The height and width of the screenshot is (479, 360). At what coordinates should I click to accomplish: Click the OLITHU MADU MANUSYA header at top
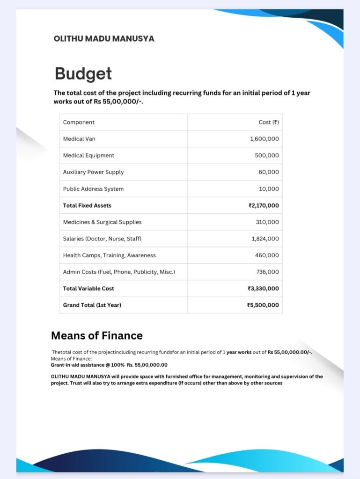(104, 38)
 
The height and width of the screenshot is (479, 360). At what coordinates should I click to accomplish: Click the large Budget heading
(83, 73)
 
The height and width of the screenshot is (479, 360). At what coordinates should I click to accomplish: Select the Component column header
(79, 122)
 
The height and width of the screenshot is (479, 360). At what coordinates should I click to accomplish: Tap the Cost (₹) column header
(268, 122)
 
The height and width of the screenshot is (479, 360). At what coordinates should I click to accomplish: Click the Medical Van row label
(79, 139)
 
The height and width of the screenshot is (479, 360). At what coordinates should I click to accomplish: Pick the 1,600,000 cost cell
(264, 139)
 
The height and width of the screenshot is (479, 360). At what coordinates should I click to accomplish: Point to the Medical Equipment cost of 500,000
(267, 155)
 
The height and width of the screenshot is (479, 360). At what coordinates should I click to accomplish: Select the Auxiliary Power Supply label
(93, 172)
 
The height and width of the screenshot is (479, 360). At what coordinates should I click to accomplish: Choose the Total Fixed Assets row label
(87, 205)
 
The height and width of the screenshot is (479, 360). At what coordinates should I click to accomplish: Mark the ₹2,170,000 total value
(264, 205)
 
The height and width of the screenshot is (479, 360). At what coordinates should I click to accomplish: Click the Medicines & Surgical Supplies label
(102, 222)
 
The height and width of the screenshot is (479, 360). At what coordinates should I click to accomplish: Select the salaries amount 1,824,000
(265, 239)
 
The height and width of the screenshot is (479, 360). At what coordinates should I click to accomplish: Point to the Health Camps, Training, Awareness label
(109, 255)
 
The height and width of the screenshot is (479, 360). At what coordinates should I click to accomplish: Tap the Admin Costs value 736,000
(267, 272)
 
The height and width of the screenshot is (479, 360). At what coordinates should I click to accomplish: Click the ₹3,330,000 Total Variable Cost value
(263, 289)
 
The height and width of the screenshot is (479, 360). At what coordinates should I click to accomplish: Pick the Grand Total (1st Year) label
(92, 305)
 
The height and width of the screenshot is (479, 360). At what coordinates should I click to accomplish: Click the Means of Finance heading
(96, 335)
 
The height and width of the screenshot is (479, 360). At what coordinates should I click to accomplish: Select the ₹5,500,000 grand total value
(263, 305)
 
